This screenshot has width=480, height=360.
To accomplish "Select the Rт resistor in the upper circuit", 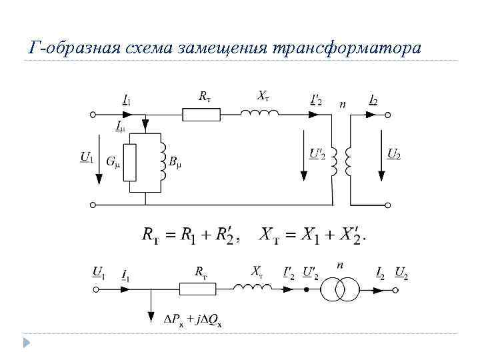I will coord(202,114).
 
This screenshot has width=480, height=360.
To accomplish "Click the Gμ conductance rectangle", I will coord(131,161).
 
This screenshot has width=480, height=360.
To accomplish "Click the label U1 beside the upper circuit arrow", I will coord(86,157).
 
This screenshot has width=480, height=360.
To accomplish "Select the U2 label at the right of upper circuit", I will coord(393,154).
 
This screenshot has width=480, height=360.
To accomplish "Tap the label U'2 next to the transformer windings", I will coord(317,154).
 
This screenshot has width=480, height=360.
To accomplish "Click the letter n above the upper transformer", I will coord(343,105).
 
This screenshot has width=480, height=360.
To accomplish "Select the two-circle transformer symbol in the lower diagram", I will coord(339,290).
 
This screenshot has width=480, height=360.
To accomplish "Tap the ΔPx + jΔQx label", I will coord(193,320).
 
